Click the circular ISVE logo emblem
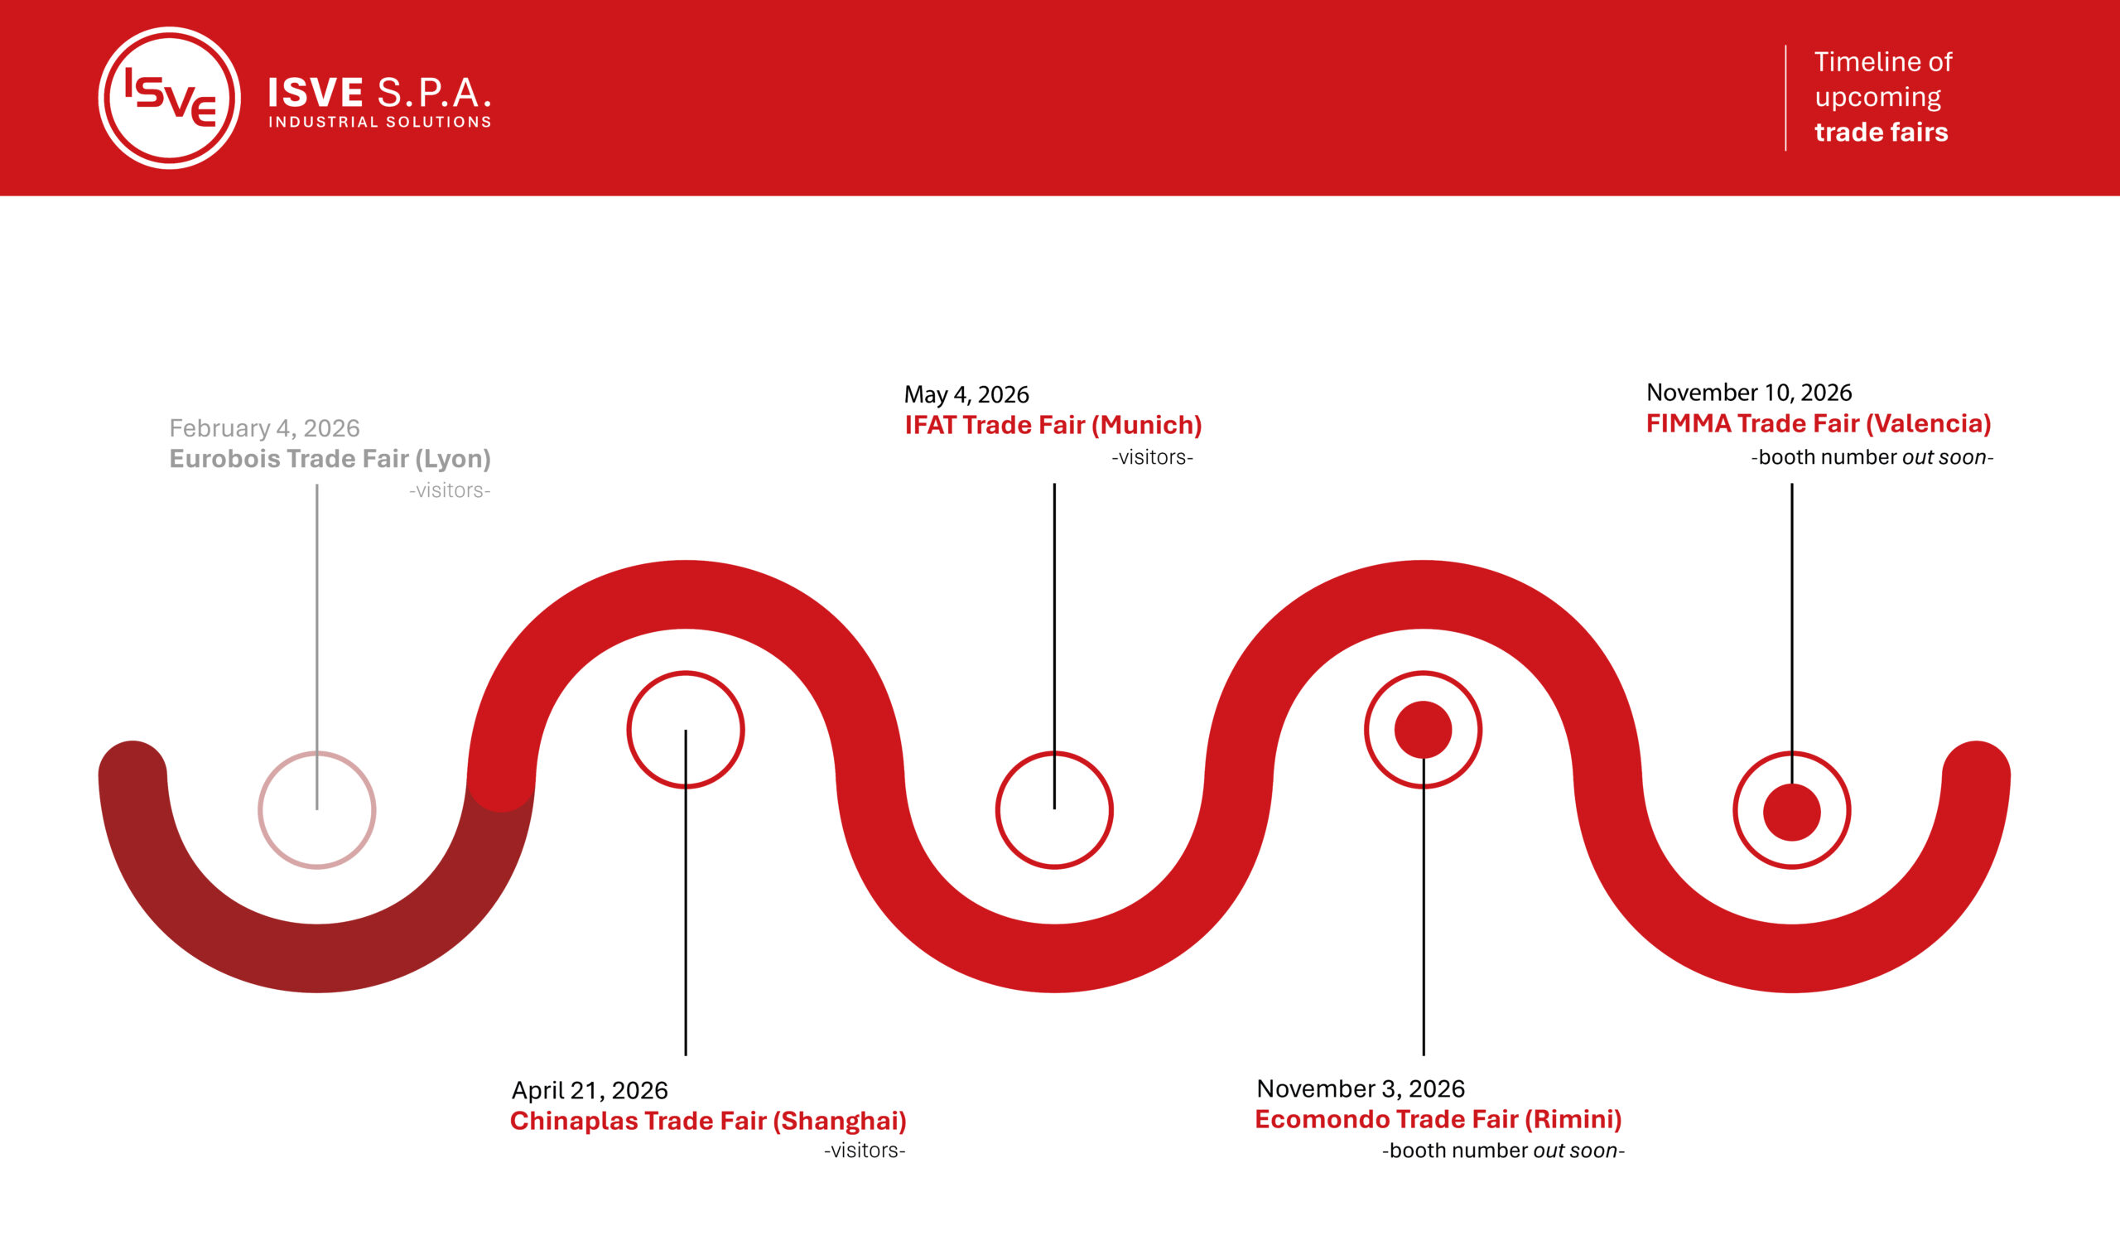pos(169,98)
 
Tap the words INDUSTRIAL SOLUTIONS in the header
pos(379,122)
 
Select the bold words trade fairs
pos(1881,132)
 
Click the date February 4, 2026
pos(264,428)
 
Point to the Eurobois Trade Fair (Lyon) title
pos(330,458)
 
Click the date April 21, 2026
pos(590,1090)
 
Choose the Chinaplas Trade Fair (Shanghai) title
pos(708,1121)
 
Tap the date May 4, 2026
pos(966,394)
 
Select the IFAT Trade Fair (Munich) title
pos(1053,425)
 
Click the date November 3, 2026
pos(1361,1088)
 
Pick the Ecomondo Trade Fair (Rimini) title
pos(1438,1119)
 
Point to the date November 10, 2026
pos(1749,392)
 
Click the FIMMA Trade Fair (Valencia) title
pos(1819,423)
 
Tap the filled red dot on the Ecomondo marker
pos(1424,729)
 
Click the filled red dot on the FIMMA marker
pos(1792,812)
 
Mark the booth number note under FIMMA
pos(1872,457)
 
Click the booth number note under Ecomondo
pos(1503,1151)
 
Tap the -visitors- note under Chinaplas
pos(865,1150)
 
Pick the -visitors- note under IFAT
pos(1153,456)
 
